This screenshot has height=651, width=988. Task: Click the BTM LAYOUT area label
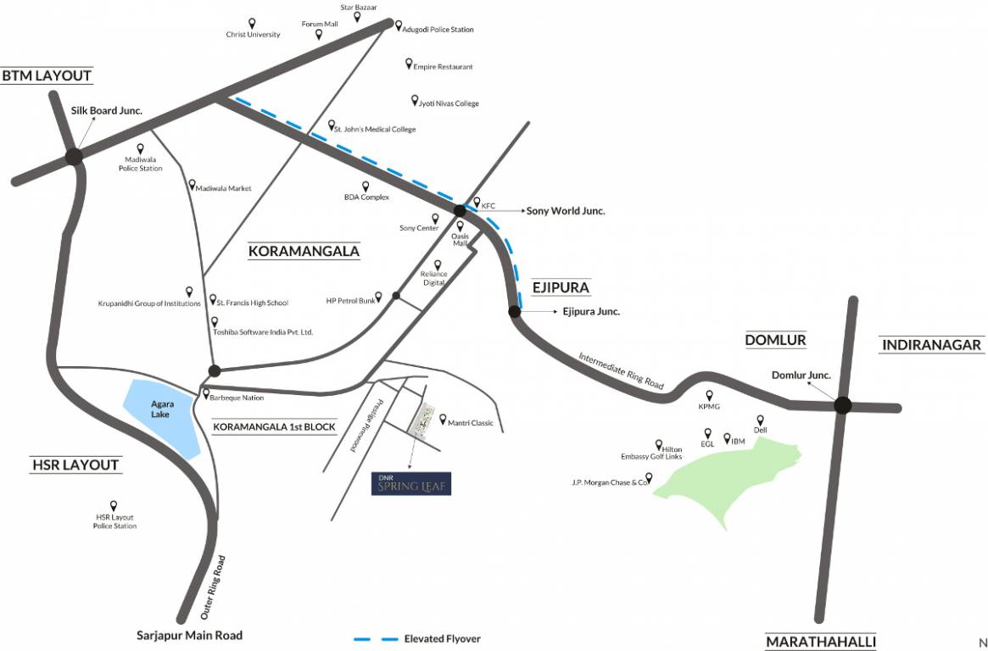click(47, 75)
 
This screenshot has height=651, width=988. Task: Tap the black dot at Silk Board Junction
click(74, 156)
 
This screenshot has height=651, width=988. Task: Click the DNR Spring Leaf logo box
click(410, 483)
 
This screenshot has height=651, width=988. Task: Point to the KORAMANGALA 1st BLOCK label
click(274, 426)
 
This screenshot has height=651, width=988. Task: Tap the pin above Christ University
click(252, 23)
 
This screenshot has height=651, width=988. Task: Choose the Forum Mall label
click(320, 24)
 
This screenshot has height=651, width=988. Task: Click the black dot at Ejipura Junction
click(514, 312)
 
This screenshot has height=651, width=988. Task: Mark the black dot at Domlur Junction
click(842, 406)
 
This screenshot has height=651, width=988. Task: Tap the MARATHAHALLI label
click(821, 642)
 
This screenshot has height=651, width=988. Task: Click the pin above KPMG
click(709, 395)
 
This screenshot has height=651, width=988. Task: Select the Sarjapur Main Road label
click(190, 635)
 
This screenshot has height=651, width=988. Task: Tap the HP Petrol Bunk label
click(350, 301)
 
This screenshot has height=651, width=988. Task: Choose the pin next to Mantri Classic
click(443, 419)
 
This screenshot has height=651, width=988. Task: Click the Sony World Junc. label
click(566, 211)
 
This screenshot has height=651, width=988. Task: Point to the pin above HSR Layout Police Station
click(114, 505)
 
